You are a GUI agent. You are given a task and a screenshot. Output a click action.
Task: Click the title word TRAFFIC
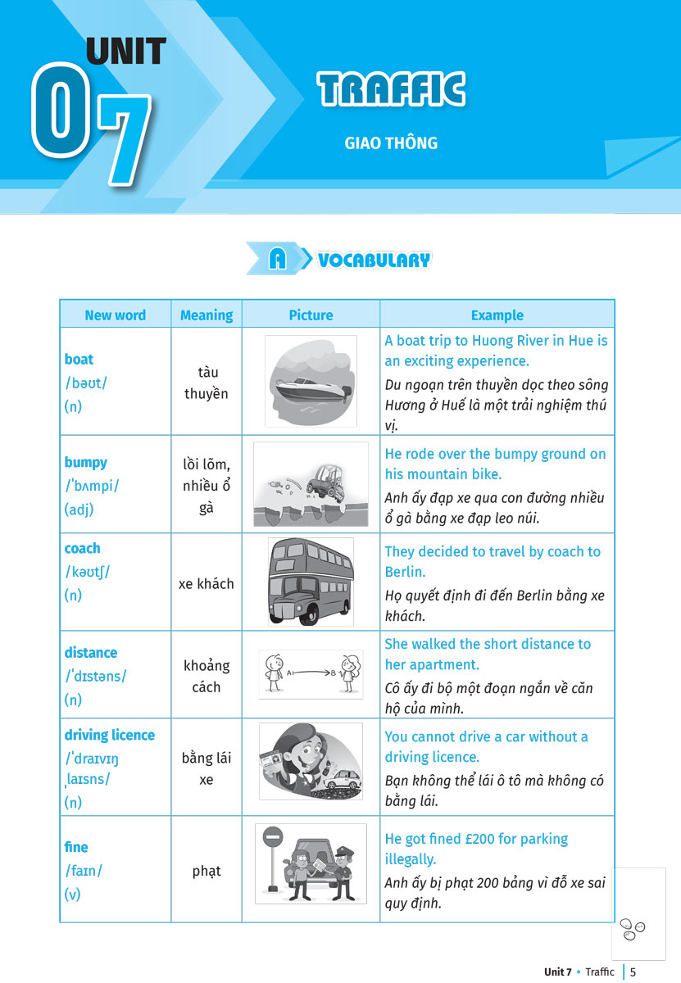pyautogui.click(x=391, y=90)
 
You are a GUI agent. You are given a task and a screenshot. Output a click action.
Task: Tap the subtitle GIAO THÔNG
pyautogui.click(x=391, y=143)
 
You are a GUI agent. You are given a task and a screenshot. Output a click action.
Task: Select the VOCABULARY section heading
pyautogui.click(x=374, y=260)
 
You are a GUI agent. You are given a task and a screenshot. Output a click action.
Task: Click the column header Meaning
pyautogui.click(x=207, y=315)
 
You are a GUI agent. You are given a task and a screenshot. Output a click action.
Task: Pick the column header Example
pyautogui.click(x=497, y=315)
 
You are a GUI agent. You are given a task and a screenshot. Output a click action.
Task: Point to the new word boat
pyautogui.click(x=79, y=359)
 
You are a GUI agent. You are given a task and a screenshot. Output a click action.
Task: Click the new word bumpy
pyautogui.click(x=85, y=462)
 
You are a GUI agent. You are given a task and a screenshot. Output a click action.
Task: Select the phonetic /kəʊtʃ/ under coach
pyautogui.click(x=87, y=572)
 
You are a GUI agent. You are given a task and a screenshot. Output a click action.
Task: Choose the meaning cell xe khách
pyautogui.click(x=207, y=583)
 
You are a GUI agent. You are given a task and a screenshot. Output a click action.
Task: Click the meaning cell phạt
pyautogui.click(x=207, y=871)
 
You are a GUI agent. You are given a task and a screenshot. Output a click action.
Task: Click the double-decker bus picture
pyautogui.click(x=311, y=582)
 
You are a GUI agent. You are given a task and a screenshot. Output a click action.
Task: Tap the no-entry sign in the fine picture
pyautogui.click(x=274, y=837)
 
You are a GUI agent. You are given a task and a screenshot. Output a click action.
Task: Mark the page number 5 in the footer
pyautogui.click(x=633, y=972)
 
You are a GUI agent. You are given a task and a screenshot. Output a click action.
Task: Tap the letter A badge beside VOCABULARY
pyautogui.click(x=278, y=260)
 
